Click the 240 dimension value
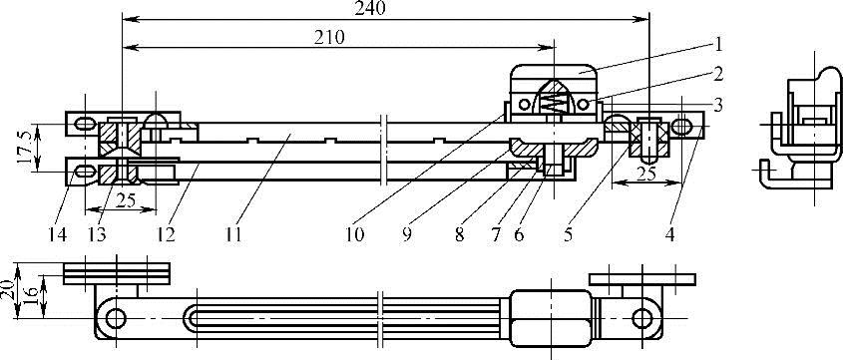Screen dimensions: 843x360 (x=371, y=8)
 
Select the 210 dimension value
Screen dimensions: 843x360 (x=328, y=37)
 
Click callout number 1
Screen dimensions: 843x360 (x=717, y=44)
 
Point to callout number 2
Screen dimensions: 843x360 (x=717, y=74)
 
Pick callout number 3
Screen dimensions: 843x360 (x=717, y=104)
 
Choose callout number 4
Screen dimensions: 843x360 (x=669, y=234)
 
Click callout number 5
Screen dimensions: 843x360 (x=569, y=234)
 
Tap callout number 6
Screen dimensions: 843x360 (x=519, y=234)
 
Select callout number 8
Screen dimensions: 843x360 (x=459, y=234)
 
